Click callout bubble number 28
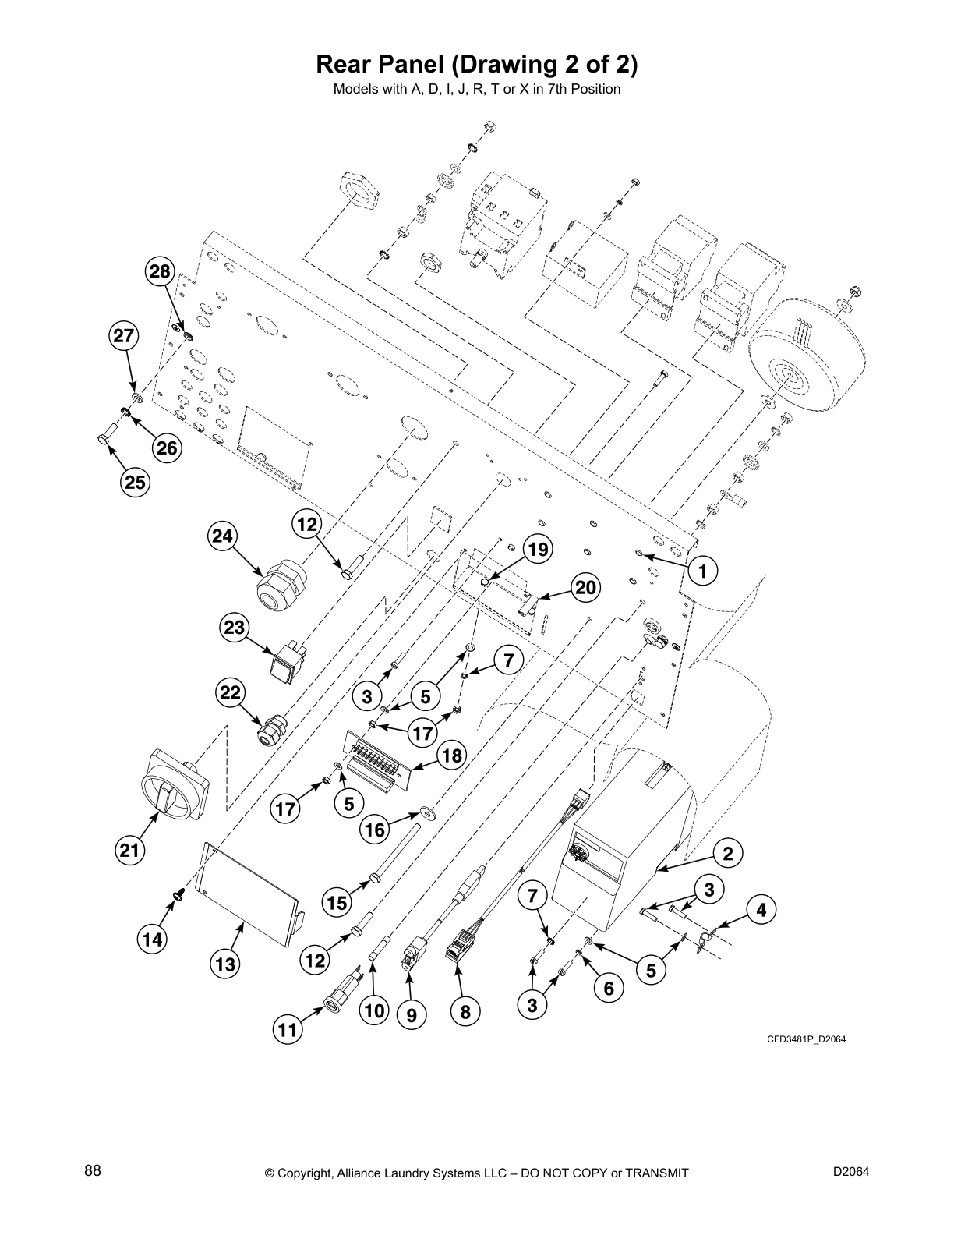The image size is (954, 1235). pos(159,271)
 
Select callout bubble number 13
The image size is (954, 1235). pos(225,964)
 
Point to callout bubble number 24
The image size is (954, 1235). pos(223,536)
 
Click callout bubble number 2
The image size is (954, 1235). pos(727,853)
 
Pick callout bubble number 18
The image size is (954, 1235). pos(451,755)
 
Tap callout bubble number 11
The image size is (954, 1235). pos(288,1030)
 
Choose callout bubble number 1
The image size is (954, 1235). pos(703,571)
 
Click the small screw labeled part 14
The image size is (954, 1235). pos(181,890)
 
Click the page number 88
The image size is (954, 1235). pos(92,1170)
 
